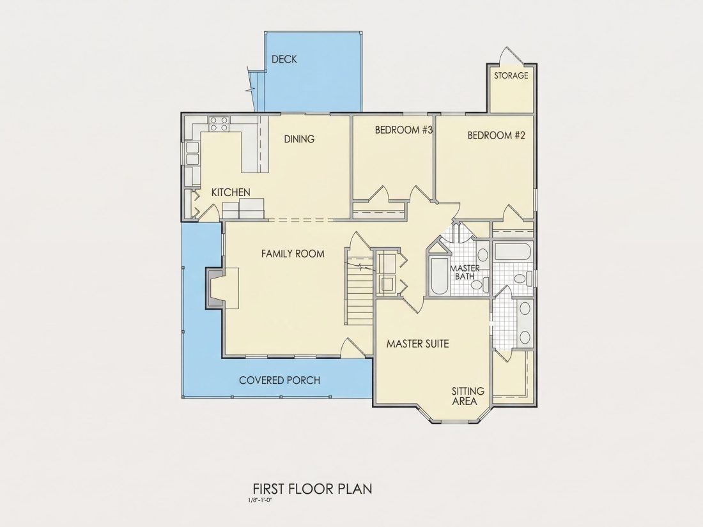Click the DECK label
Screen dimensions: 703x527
(284, 59)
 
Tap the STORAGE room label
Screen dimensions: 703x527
(511, 76)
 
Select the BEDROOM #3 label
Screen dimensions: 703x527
(403, 130)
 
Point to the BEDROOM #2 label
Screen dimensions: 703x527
(497, 135)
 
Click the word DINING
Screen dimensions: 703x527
(299, 139)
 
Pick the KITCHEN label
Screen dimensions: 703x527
(231, 193)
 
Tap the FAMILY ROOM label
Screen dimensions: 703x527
(293, 254)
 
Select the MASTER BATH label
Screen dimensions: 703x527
(465, 272)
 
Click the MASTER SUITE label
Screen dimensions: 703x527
(417, 344)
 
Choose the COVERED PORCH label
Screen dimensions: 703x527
(280, 381)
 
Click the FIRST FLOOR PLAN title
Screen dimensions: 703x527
(313, 488)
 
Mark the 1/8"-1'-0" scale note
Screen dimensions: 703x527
(259, 500)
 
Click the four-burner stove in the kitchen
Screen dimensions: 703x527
(219, 124)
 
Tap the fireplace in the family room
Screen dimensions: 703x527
(222, 288)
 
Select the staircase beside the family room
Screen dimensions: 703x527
(359, 287)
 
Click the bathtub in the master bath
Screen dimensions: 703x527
(438, 276)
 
